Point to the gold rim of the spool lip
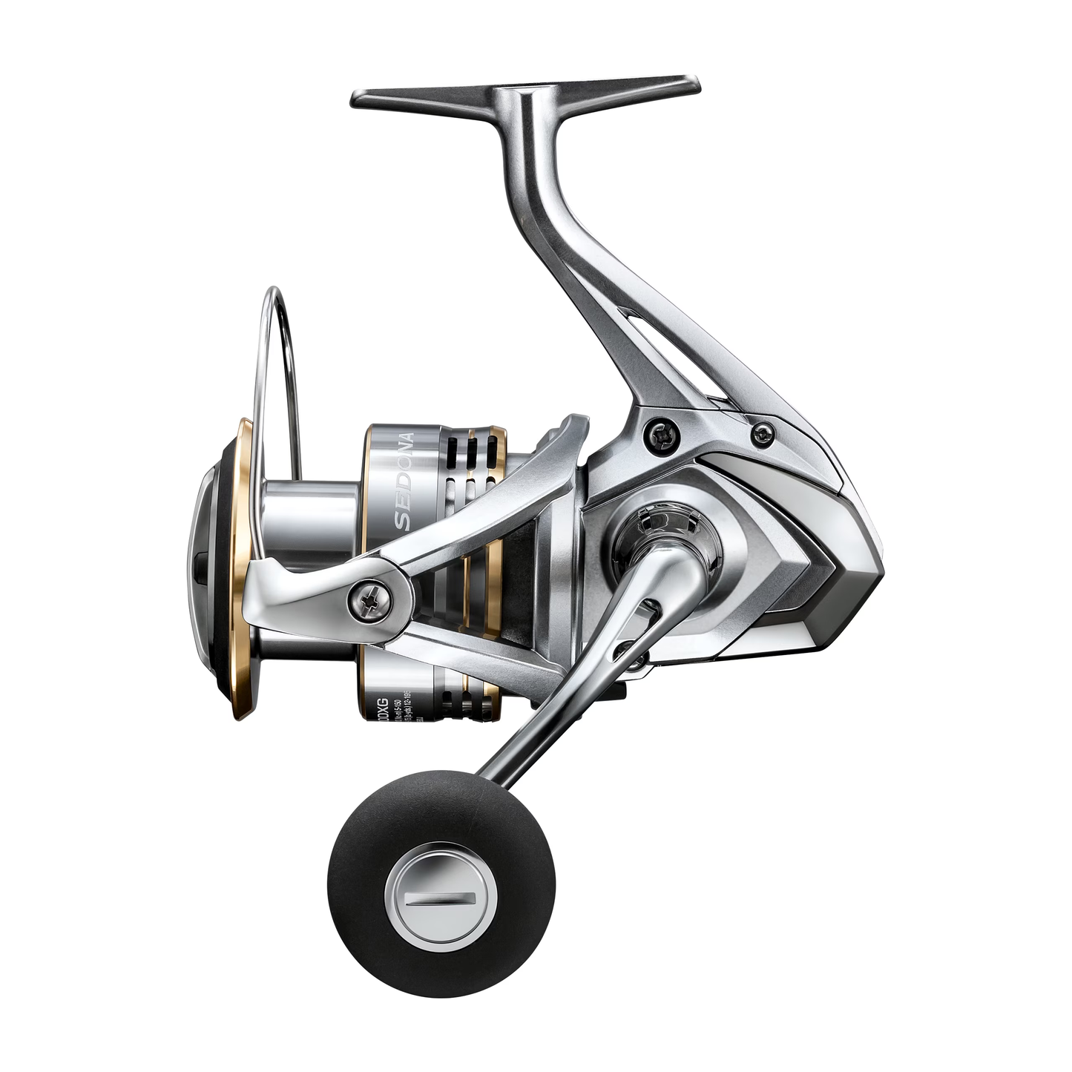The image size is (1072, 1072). [239, 564]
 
